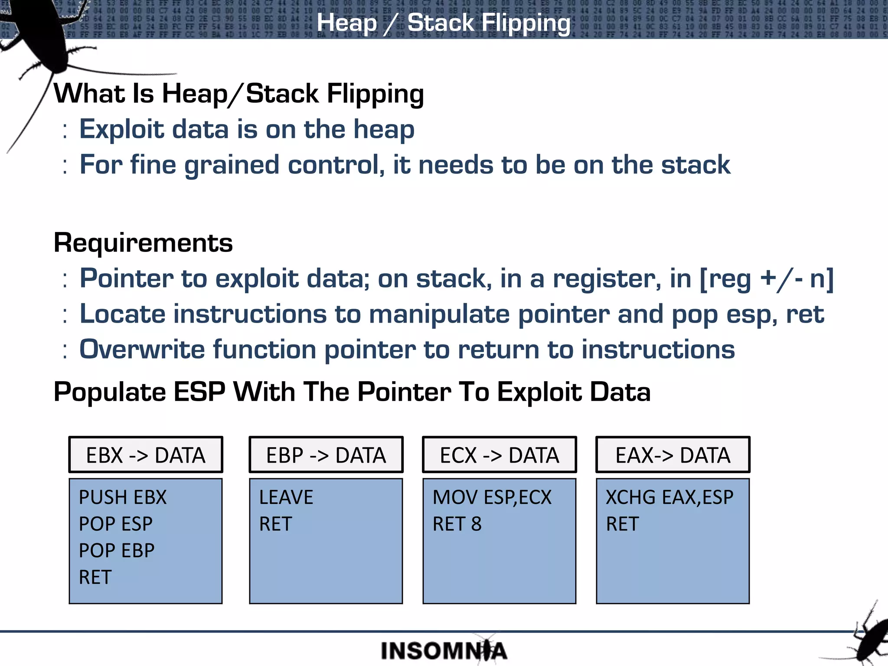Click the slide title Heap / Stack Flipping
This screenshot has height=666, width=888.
(x=444, y=23)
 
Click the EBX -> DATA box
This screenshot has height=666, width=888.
(x=146, y=455)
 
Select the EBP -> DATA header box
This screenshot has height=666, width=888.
(x=326, y=455)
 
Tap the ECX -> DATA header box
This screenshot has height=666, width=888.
(x=499, y=455)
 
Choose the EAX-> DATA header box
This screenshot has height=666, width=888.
(x=673, y=455)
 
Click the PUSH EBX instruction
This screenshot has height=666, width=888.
(x=123, y=497)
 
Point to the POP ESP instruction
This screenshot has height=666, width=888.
(x=116, y=524)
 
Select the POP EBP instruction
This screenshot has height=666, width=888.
(x=117, y=551)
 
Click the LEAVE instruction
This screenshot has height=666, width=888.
(x=286, y=497)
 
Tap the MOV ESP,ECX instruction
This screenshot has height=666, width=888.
(x=492, y=497)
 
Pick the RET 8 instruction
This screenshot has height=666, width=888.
(x=457, y=524)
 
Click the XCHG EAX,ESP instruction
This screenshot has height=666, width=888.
(x=669, y=497)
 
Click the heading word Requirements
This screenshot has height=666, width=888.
(x=143, y=243)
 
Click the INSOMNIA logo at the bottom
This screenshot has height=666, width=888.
(x=444, y=651)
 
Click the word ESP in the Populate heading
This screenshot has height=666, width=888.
(x=199, y=392)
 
